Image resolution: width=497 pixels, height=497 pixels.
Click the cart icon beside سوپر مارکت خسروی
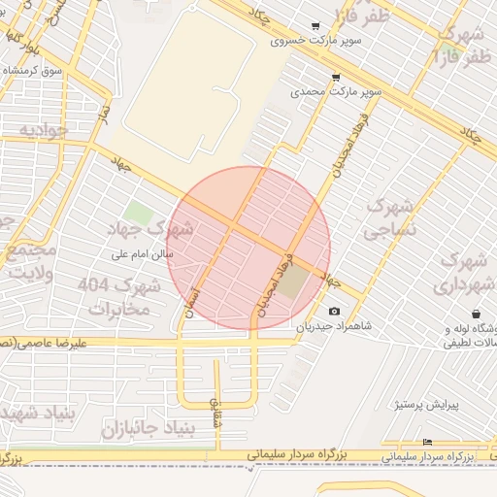pos(315,27)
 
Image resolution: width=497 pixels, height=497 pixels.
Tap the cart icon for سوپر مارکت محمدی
pos(336,77)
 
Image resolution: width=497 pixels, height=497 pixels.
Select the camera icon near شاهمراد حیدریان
pos(335,312)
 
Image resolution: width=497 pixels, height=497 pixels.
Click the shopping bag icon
pos(476,314)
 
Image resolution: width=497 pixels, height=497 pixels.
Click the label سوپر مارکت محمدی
pos(336,92)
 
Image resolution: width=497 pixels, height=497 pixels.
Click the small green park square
pos(138,214)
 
